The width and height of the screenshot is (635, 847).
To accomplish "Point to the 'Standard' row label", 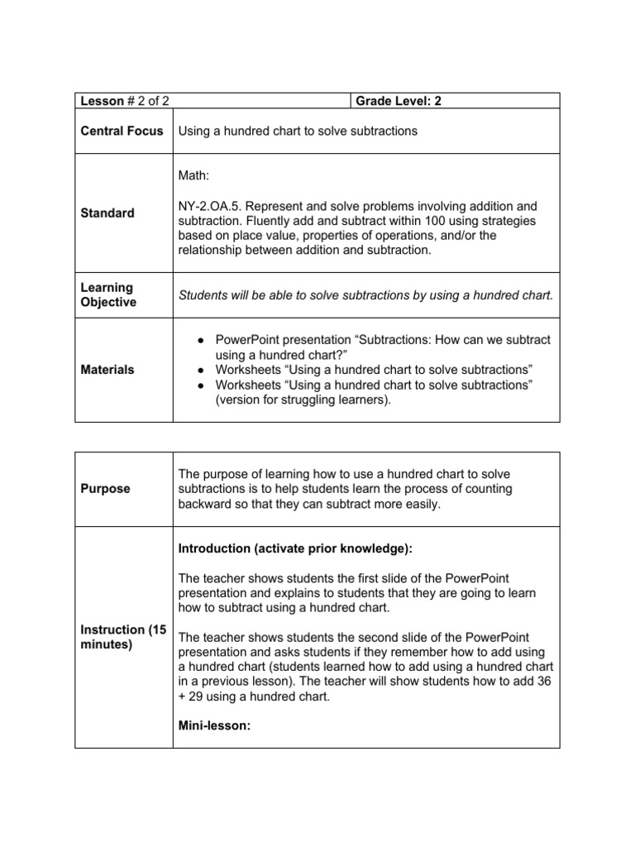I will (107, 213).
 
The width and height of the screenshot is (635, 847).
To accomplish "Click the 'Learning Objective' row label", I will (108, 295).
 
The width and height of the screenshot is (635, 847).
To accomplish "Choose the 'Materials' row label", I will (107, 370).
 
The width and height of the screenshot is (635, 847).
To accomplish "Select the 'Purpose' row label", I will (105, 489).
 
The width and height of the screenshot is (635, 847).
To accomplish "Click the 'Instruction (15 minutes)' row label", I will (123, 637).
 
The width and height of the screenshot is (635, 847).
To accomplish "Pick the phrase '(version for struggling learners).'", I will (303, 400).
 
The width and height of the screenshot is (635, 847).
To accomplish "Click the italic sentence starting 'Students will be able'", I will (365, 295).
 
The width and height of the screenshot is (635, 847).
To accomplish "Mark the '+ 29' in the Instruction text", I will (190, 696).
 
